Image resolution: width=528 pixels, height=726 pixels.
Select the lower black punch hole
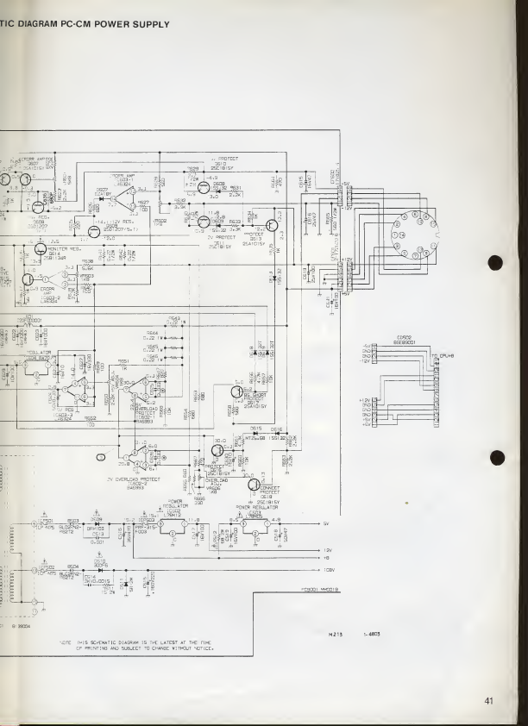pyautogui.click(x=495, y=457)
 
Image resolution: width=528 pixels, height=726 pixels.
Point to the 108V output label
pyautogui.click(x=327, y=570)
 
